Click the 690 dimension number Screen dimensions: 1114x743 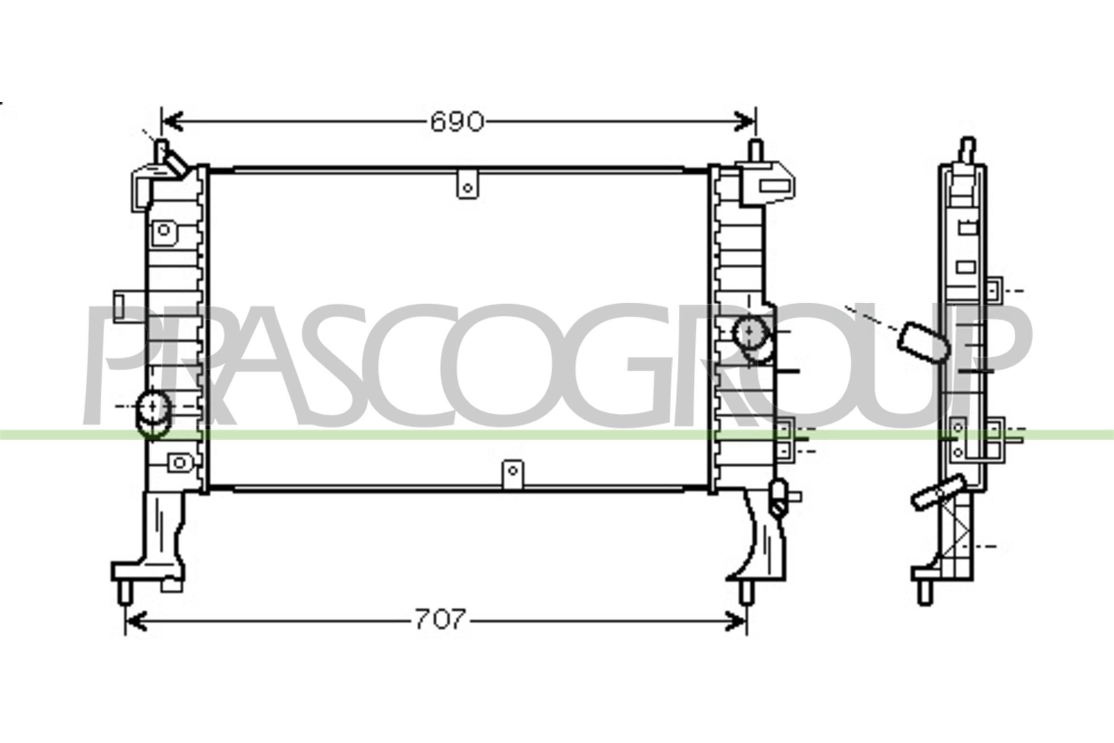coord(457,122)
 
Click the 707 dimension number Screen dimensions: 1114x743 coord(440,619)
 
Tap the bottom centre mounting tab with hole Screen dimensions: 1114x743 coord(513,473)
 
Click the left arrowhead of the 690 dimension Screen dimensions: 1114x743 coord(172,122)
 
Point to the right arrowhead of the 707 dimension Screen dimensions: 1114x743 coord(736,621)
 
